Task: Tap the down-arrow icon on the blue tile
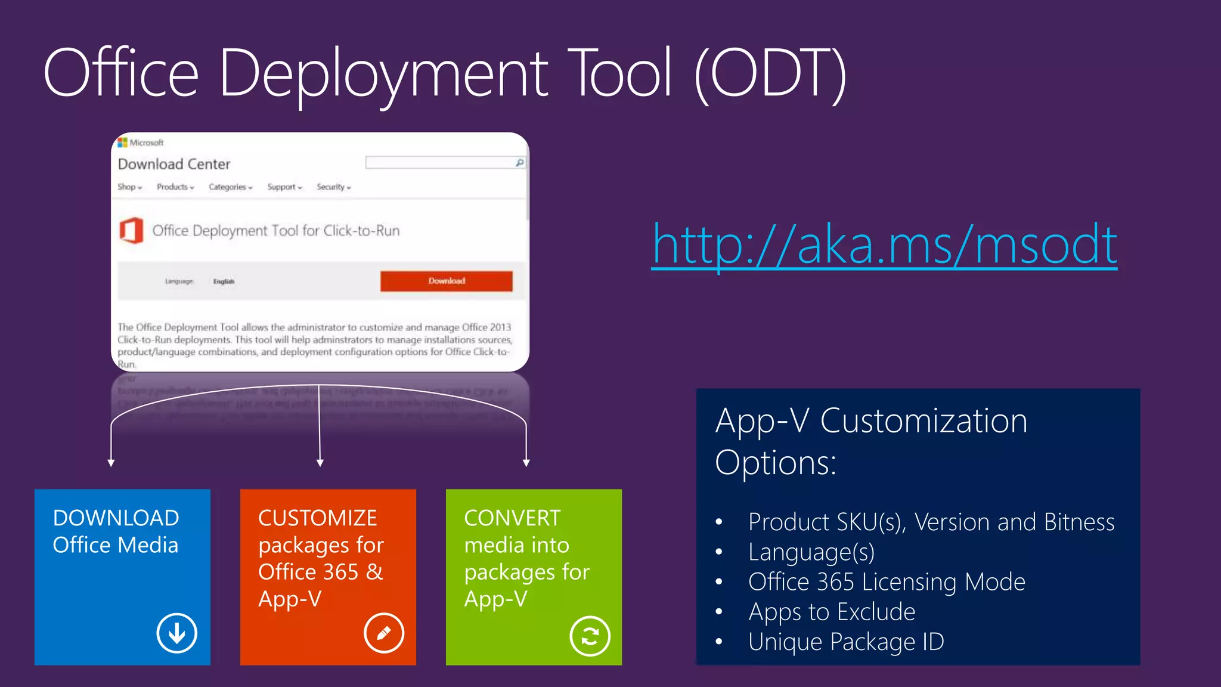pyautogui.click(x=177, y=633)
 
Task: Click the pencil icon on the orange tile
pyautogui.click(x=384, y=633)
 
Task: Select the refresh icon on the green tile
pyautogui.click(x=590, y=636)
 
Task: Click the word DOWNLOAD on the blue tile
pyautogui.click(x=116, y=518)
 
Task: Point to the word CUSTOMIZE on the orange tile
pyautogui.click(x=317, y=518)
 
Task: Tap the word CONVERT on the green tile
pyautogui.click(x=512, y=518)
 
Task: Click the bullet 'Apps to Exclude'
pyautogui.click(x=832, y=612)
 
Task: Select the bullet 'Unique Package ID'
pyautogui.click(x=846, y=642)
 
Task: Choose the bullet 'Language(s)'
pyautogui.click(x=811, y=552)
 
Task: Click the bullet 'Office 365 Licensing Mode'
pyautogui.click(x=887, y=582)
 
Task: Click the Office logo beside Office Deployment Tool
pyautogui.click(x=131, y=231)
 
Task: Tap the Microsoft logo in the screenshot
pyautogui.click(x=123, y=143)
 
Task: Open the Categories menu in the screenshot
pyautogui.click(x=230, y=187)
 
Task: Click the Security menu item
pyautogui.click(x=333, y=187)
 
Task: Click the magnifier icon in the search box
pyautogui.click(x=519, y=163)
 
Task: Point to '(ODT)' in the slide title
pyautogui.click(x=770, y=74)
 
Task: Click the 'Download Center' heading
pyautogui.click(x=174, y=164)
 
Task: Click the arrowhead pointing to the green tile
pyautogui.click(x=526, y=463)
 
